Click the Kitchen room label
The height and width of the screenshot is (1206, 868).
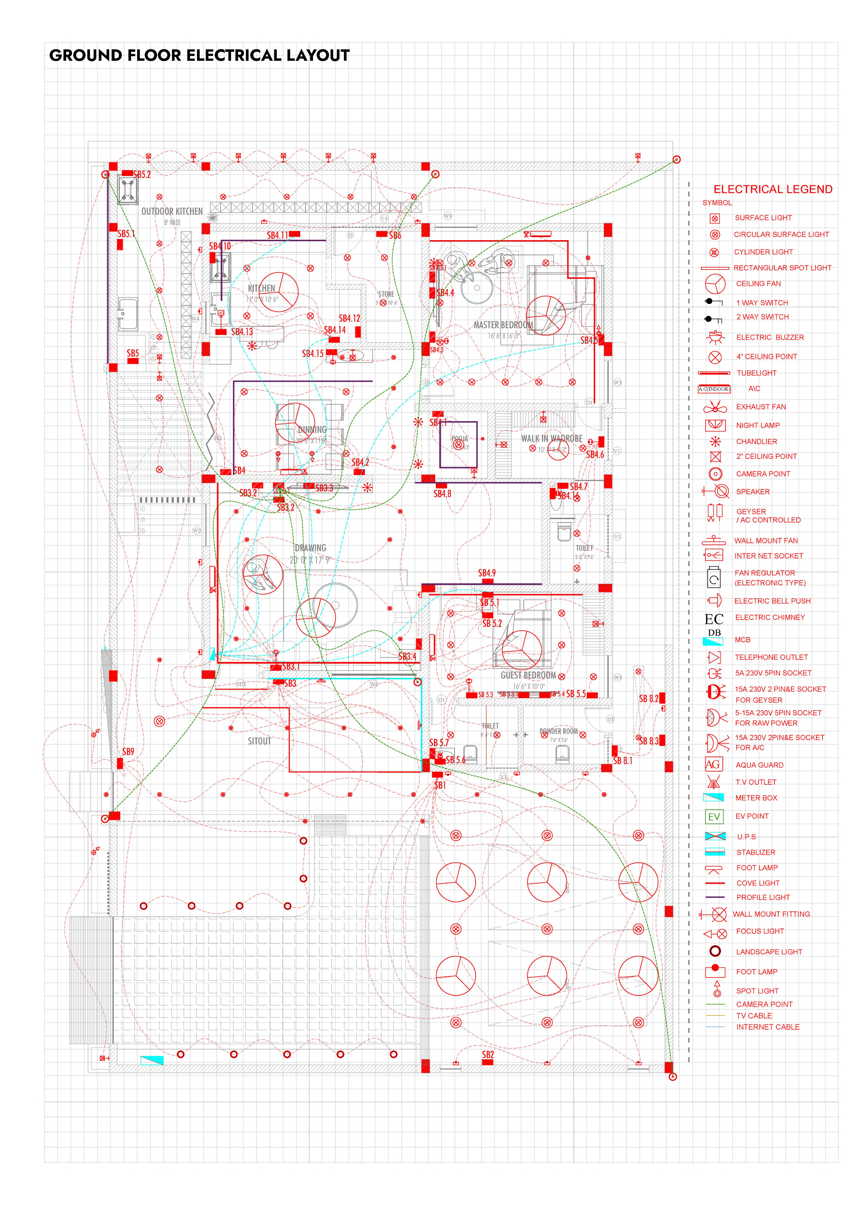261,288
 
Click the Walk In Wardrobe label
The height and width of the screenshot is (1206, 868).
552,439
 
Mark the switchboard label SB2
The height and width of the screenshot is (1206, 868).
488,1055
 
